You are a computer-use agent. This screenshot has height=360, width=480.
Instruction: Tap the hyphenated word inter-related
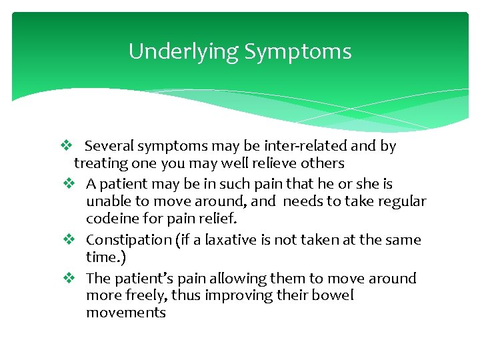(294, 146)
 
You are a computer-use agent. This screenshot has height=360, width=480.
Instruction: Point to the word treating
(97, 163)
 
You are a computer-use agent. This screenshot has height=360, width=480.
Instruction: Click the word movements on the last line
(125, 313)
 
